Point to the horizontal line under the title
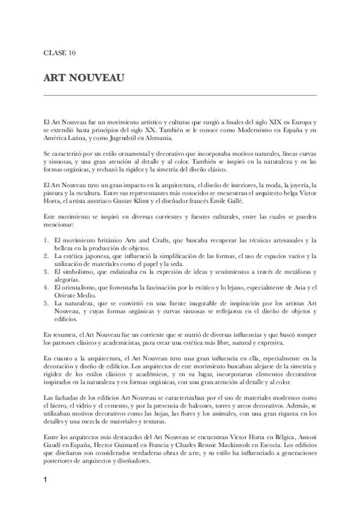[180, 95]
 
